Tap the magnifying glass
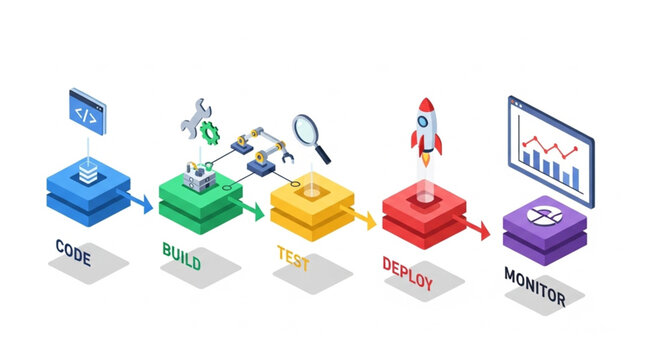pyautogui.click(x=313, y=136)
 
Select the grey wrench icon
pyautogui.click(x=192, y=116)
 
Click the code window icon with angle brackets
pyautogui.click(x=88, y=108)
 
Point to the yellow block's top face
pyautogui.click(x=312, y=190)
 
